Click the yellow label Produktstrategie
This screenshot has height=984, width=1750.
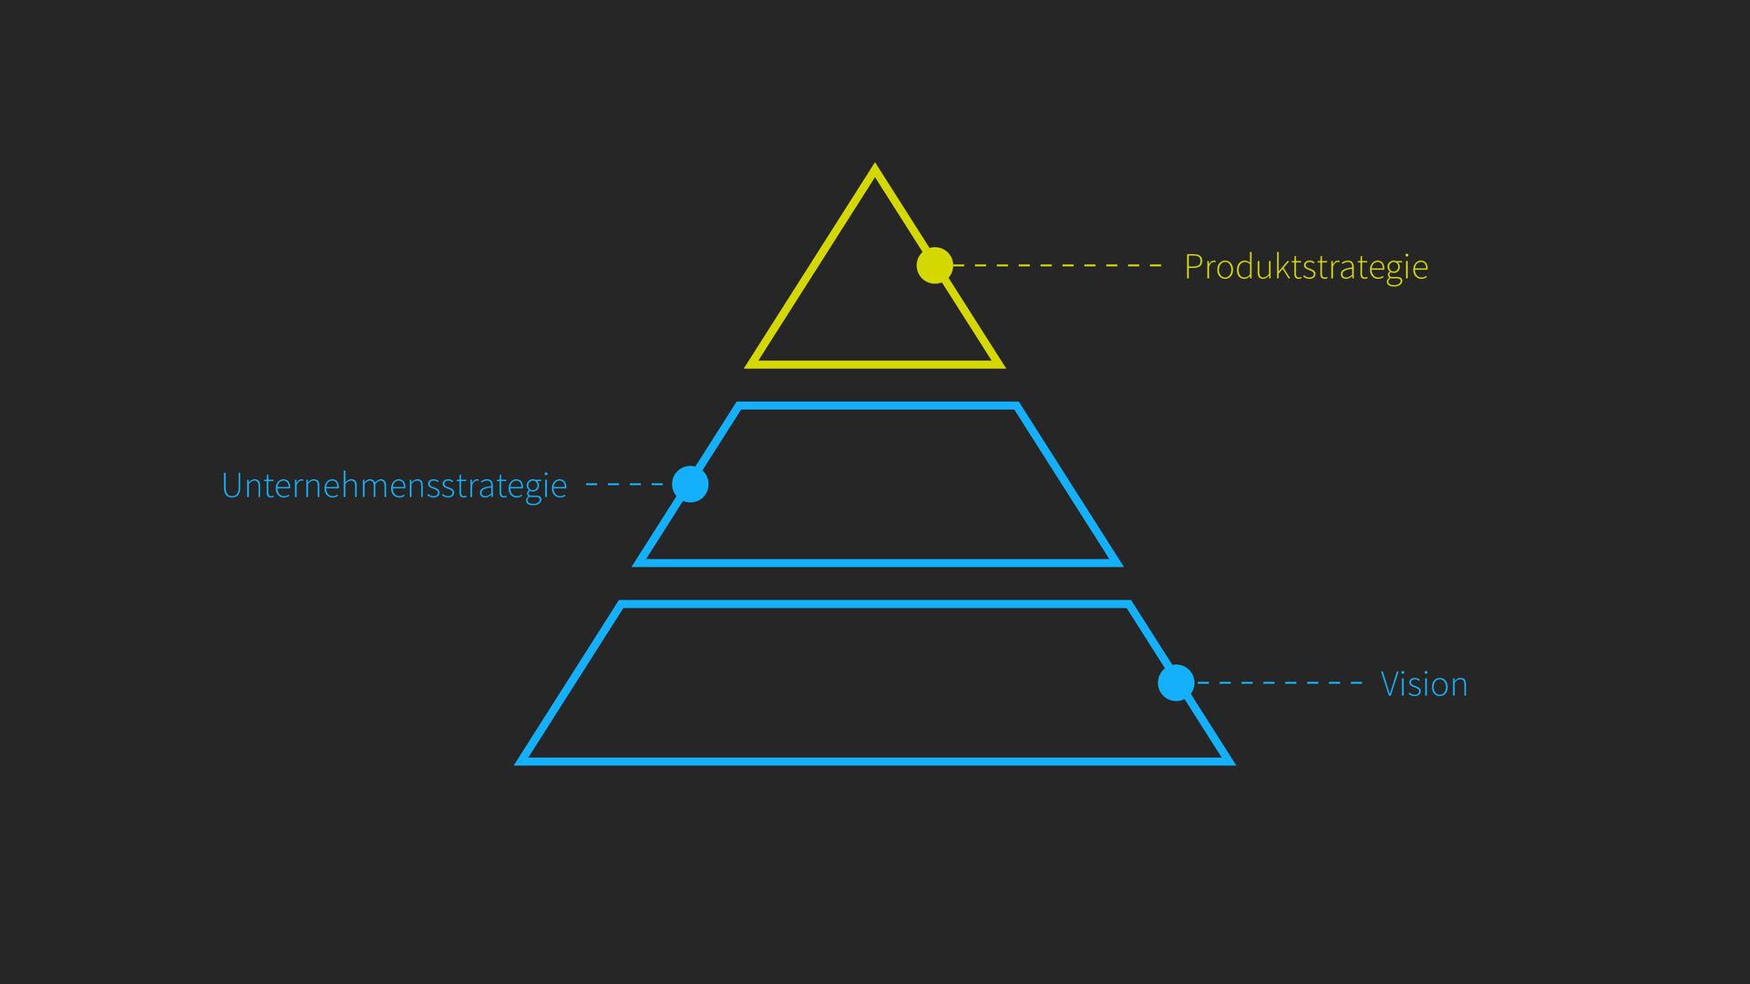pos(1305,267)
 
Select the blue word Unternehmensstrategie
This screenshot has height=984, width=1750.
pos(394,486)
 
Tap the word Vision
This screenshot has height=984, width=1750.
pos(1424,684)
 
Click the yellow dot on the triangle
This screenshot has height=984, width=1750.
pos(934,265)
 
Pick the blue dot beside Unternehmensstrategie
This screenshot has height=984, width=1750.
pos(690,484)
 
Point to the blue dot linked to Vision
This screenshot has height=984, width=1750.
pos(1176,682)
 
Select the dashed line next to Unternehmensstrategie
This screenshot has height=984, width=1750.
pos(625,484)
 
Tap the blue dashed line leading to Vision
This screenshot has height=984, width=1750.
pos(1280,682)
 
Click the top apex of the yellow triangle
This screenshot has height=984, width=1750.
pos(875,168)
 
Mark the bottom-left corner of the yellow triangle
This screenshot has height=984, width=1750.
pos(749,365)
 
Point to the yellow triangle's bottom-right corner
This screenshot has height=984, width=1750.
pos(1001,365)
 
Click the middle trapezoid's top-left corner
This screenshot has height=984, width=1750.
pos(738,405)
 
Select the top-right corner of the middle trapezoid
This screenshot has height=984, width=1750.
pos(1016,405)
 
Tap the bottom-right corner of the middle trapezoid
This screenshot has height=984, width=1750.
pos(1117,563)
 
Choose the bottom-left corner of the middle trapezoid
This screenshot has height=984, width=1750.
pos(637,563)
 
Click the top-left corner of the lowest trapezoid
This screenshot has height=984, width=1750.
pos(621,603)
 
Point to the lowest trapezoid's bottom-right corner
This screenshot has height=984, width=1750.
pos(1230,761)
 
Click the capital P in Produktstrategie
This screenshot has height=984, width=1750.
pos(1192,267)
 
